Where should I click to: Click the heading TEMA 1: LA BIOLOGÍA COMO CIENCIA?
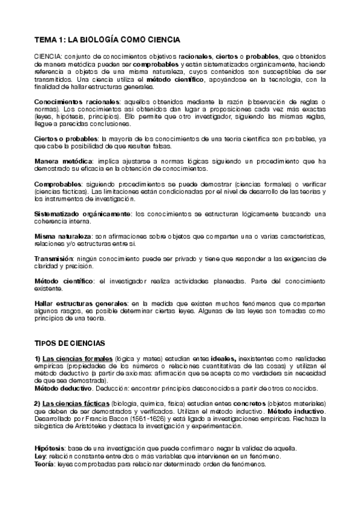coord(106,40)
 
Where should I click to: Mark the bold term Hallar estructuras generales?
coord(81,303)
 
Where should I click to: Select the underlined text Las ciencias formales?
coord(78,358)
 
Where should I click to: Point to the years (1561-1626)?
coord(129,419)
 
